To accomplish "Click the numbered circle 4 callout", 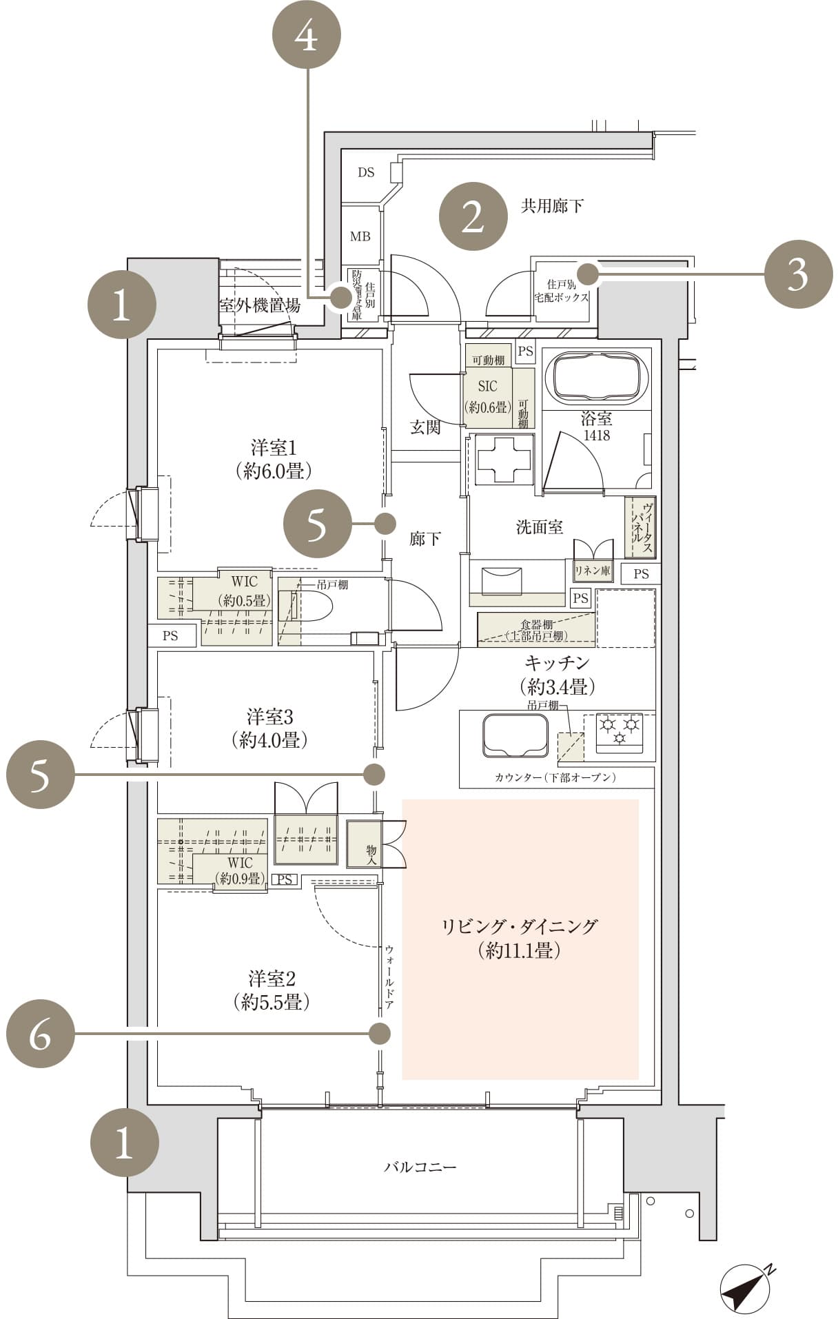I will [x=307, y=35].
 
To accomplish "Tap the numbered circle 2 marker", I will [x=473, y=216].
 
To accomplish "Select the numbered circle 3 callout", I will [x=797, y=275].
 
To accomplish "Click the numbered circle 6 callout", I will [x=41, y=1034].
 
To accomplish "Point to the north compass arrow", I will [x=746, y=1286].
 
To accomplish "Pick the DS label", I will [x=366, y=172].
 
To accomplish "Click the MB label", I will [x=360, y=237].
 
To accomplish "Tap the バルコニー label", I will [x=420, y=1167].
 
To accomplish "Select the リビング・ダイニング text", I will [x=519, y=926].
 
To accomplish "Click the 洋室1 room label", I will [x=273, y=449].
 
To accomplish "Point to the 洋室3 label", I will [x=269, y=717].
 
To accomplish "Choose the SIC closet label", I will [x=487, y=387].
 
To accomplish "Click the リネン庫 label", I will [x=592, y=571].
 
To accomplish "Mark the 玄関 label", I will [x=425, y=427].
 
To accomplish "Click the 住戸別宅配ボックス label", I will [x=562, y=291].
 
